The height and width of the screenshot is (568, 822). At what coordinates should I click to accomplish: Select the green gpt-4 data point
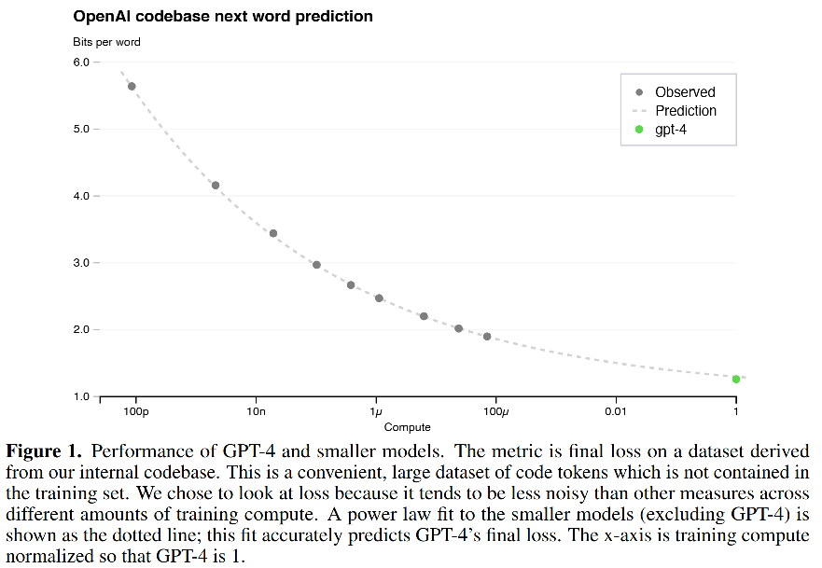[736, 379]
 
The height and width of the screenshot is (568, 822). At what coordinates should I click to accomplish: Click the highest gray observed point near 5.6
[132, 87]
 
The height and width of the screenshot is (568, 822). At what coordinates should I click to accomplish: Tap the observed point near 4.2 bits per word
[216, 186]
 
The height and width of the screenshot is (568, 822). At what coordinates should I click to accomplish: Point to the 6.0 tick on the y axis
[80, 62]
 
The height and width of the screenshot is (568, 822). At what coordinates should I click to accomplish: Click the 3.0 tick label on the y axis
[80, 263]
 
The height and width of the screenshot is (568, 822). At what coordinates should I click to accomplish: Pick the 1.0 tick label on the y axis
[80, 397]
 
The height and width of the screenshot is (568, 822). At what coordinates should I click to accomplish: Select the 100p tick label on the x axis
[135, 411]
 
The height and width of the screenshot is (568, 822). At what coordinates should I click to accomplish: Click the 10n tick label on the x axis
[256, 411]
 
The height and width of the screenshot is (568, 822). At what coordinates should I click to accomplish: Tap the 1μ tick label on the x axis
[376, 411]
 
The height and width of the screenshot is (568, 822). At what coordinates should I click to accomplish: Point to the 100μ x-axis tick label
[495, 411]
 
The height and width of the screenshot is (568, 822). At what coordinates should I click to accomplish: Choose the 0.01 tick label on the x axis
[616, 411]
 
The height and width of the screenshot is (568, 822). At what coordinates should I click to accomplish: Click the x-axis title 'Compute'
[407, 427]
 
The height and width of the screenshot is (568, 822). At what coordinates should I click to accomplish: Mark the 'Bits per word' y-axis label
[107, 42]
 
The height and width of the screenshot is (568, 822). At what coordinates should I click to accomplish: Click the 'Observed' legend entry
[684, 92]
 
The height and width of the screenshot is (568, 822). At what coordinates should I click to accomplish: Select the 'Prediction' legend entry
[685, 111]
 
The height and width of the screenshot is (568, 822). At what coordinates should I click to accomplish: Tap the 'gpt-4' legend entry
[671, 130]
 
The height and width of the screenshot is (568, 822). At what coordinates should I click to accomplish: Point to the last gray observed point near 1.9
[487, 337]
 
